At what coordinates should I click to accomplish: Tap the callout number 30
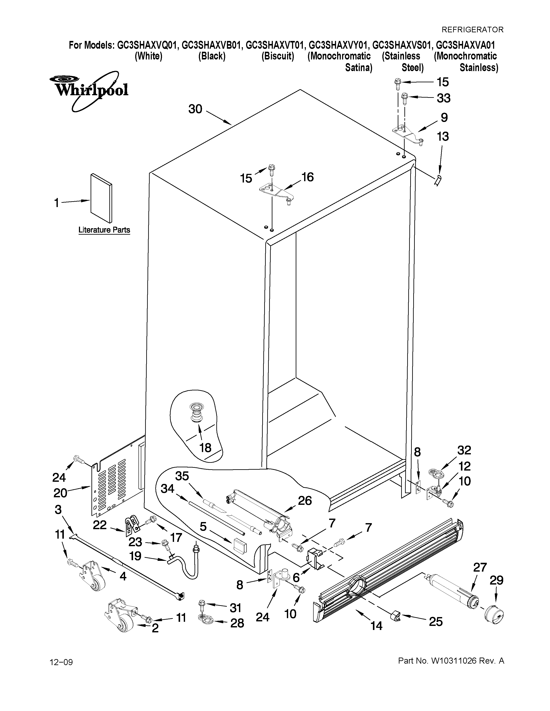[x=195, y=109]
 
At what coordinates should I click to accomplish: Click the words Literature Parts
[x=104, y=230]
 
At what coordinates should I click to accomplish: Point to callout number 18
[x=205, y=448]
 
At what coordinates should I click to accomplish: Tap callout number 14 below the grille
[x=376, y=625]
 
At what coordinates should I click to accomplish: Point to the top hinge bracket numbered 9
[x=407, y=134]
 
